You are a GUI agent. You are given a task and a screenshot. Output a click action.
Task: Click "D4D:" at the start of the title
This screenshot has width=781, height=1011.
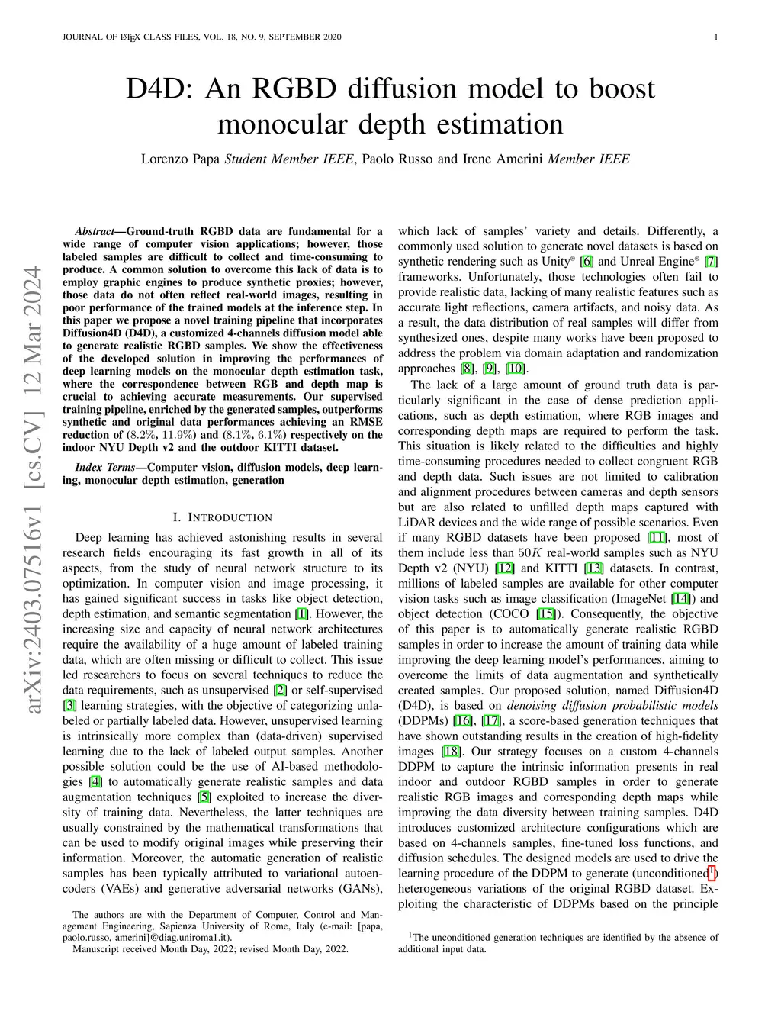pos(156,90)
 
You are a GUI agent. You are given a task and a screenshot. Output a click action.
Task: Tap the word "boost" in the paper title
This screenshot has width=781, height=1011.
pos(621,90)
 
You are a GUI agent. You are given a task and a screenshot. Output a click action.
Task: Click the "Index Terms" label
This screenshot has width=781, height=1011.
pos(106,467)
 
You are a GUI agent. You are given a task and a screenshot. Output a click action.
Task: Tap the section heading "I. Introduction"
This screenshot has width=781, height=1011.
pos(223,517)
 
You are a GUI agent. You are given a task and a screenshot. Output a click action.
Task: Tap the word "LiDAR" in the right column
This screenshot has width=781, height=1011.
pos(416,523)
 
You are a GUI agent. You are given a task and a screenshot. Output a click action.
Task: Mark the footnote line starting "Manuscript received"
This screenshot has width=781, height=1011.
pos(210,949)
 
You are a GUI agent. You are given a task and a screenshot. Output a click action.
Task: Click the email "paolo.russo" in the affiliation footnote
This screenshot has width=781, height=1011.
pos(88,937)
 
